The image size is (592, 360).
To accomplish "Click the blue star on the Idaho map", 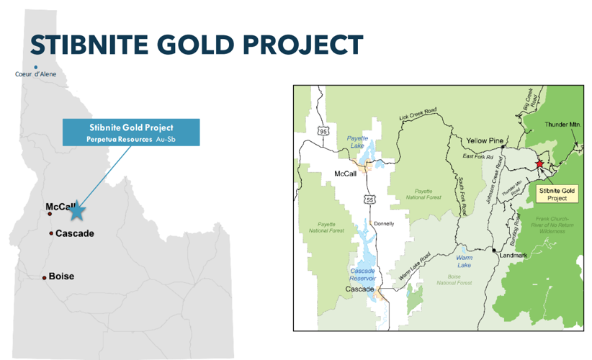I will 77,211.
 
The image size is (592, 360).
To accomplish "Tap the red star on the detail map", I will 539,164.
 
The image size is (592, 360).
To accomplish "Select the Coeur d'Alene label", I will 35,74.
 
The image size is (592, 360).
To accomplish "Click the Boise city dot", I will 45,277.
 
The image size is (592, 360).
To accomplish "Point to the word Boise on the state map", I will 61,276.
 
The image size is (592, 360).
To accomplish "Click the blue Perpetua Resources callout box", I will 130,132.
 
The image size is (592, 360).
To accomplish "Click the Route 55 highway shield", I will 369,199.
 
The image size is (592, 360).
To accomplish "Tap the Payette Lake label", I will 358,141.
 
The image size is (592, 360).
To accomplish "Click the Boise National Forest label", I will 454,279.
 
